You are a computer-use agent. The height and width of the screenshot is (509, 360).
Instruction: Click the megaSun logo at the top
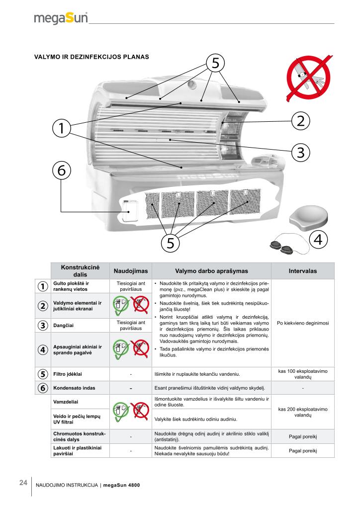(x=61, y=18)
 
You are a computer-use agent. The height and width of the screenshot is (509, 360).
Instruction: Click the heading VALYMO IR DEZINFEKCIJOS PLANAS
(x=91, y=56)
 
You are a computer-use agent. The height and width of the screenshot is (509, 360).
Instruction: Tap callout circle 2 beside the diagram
(x=301, y=120)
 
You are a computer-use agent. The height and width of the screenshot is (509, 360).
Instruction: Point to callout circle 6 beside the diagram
(x=61, y=170)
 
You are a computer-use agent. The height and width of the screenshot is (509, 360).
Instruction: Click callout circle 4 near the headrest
(x=319, y=239)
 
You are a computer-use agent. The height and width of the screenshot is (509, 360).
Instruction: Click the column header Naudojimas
(x=128, y=271)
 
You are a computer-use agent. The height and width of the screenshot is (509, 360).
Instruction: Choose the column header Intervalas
(x=303, y=271)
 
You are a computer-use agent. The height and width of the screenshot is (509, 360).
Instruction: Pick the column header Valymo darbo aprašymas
(x=211, y=271)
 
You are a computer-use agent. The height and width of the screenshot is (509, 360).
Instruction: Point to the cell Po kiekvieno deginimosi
(x=303, y=322)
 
